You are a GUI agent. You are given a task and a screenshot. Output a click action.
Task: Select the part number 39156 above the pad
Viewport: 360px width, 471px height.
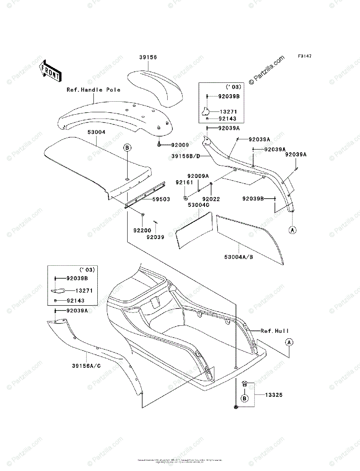[x=148, y=57]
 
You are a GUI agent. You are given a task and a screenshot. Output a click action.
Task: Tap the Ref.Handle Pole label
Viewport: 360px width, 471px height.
[x=93, y=90]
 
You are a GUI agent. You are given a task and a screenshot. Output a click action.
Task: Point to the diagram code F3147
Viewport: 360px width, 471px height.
[x=304, y=57]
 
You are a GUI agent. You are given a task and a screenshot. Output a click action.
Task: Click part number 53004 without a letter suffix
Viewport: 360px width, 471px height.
[x=96, y=133]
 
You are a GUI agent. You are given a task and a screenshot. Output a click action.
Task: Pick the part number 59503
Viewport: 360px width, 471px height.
[x=161, y=199]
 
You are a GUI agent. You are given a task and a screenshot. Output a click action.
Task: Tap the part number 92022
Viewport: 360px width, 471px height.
[x=211, y=199]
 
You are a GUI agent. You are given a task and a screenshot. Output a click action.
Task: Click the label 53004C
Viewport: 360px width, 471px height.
[x=198, y=205]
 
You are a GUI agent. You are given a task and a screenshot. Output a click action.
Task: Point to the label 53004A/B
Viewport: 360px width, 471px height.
[x=239, y=257]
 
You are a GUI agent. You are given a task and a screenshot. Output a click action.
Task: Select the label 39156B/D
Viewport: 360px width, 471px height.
[x=186, y=156]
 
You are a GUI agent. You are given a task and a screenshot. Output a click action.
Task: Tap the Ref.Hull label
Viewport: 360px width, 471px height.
[x=275, y=331]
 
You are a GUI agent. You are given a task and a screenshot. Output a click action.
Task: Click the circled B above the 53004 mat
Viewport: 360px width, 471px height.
[x=127, y=148]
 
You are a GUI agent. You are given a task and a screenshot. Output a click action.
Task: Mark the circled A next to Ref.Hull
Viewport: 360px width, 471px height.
[x=289, y=342]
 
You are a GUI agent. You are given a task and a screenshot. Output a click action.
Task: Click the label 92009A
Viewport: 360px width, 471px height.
[x=198, y=176]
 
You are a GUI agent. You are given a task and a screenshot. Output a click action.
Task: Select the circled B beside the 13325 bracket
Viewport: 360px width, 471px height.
[x=244, y=398]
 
